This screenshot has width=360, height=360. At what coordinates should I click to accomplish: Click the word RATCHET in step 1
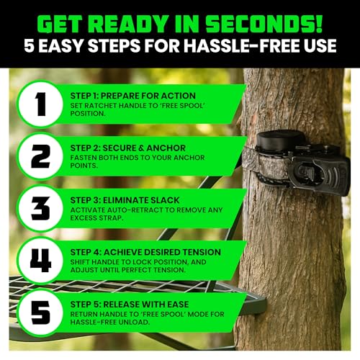(98, 104)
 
